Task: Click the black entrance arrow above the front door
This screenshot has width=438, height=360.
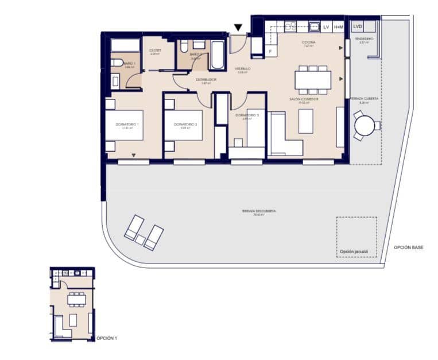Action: [238, 28]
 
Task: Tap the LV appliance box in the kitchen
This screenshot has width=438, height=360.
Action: [327, 26]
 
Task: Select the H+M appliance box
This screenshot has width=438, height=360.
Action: [339, 26]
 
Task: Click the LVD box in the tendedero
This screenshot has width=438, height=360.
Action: [358, 26]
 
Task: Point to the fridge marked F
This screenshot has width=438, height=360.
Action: [270, 52]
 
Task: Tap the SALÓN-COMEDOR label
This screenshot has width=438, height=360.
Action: [304, 99]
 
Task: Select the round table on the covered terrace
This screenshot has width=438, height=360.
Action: [363, 125]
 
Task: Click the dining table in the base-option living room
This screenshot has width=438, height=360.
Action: [313, 79]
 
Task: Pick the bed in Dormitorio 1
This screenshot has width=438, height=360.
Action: [123, 125]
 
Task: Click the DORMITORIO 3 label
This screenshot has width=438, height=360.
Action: [247, 115]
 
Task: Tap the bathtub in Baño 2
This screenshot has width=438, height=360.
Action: [218, 55]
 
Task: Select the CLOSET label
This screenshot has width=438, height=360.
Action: [155, 51]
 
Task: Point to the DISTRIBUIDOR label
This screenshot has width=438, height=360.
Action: [206, 79]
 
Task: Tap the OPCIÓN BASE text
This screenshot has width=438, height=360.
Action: [409, 247]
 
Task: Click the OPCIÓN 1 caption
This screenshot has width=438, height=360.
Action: [107, 338]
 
